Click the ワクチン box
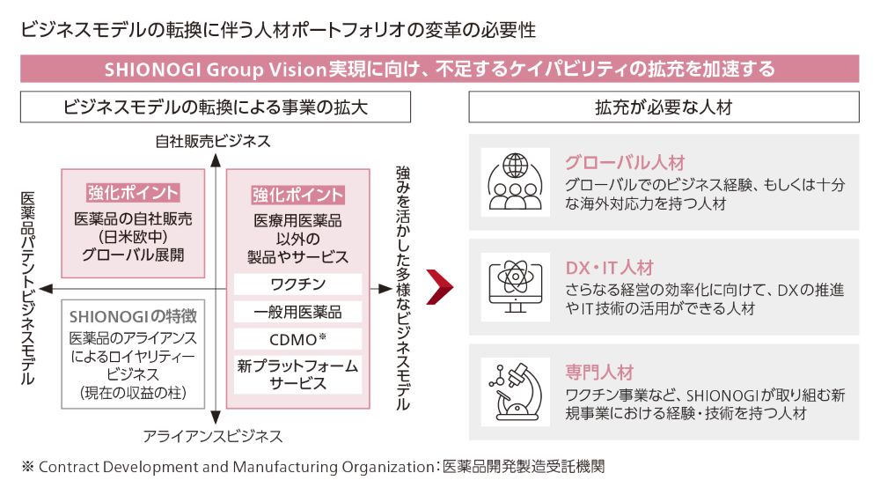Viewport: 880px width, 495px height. tap(297, 284)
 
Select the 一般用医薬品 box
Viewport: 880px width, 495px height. tap(297, 312)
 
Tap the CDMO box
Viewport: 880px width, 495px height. tap(297, 339)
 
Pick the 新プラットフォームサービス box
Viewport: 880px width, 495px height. tap(297, 374)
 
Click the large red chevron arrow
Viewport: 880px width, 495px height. tap(441, 287)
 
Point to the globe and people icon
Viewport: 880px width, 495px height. tap(515, 181)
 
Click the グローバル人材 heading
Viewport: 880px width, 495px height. tap(624, 163)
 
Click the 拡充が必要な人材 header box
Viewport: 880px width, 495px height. tap(664, 107)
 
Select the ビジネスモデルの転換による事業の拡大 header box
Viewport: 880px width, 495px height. tap(216, 107)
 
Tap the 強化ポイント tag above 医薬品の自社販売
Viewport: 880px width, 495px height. tap(133, 193)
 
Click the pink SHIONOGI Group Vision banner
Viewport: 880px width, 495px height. tap(439, 69)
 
